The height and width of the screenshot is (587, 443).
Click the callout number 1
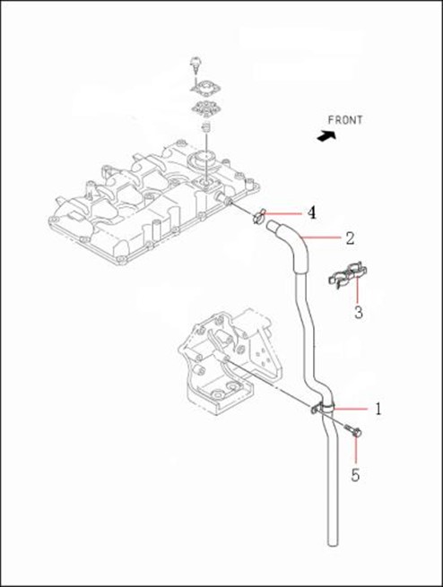pyautogui.click(x=378, y=409)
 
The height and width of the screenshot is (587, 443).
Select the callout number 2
pyautogui.click(x=350, y=238)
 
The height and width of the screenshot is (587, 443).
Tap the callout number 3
pyautogui.click(x=359, y=312)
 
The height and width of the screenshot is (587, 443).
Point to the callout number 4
pyautogui.click(x=311, y=213)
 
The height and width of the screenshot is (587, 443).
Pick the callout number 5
pyautogui.click(x=355, y=475)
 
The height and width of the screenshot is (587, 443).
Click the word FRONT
pyautogui.click(x=345, y=120)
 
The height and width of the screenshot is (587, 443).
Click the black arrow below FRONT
pyautogui.click(x=326, y=136)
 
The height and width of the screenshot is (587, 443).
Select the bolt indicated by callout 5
pyautogui.click(x=352, y=431)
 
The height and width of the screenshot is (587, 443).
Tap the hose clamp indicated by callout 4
pyautogui.click(x=258, y=216)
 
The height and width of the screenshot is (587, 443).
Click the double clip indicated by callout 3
pyautogui.click(x=348, y=276)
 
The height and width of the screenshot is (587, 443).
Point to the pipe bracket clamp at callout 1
pyautogui.click(x=323, y=408)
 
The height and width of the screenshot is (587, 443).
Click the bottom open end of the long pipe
pyautogui.click(x=333, y=543)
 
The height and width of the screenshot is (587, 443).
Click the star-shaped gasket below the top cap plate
pyautogui.click(x=204, y=108)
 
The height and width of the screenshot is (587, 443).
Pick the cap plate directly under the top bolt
pyautogui.click(x=204, y=88)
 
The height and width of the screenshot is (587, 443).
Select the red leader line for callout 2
pyautogui.click(x=321, y=237)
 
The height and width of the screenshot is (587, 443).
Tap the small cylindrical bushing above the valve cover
pyautogui.click(x=205, y=127)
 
